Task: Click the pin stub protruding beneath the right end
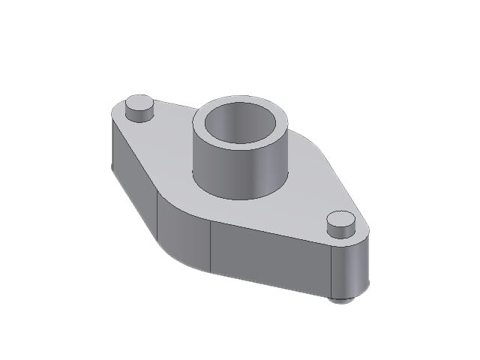click(341, 299)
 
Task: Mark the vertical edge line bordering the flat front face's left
click(211, 247)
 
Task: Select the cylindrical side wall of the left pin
click(139, 115)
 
